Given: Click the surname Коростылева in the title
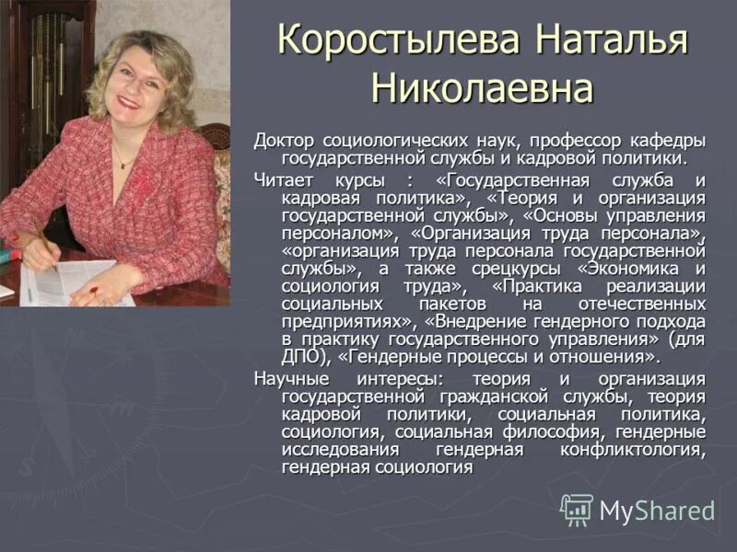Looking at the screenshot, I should click(379, 41).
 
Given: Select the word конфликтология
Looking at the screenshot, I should click(633, 450).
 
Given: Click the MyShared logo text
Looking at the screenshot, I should click(657, 511).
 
